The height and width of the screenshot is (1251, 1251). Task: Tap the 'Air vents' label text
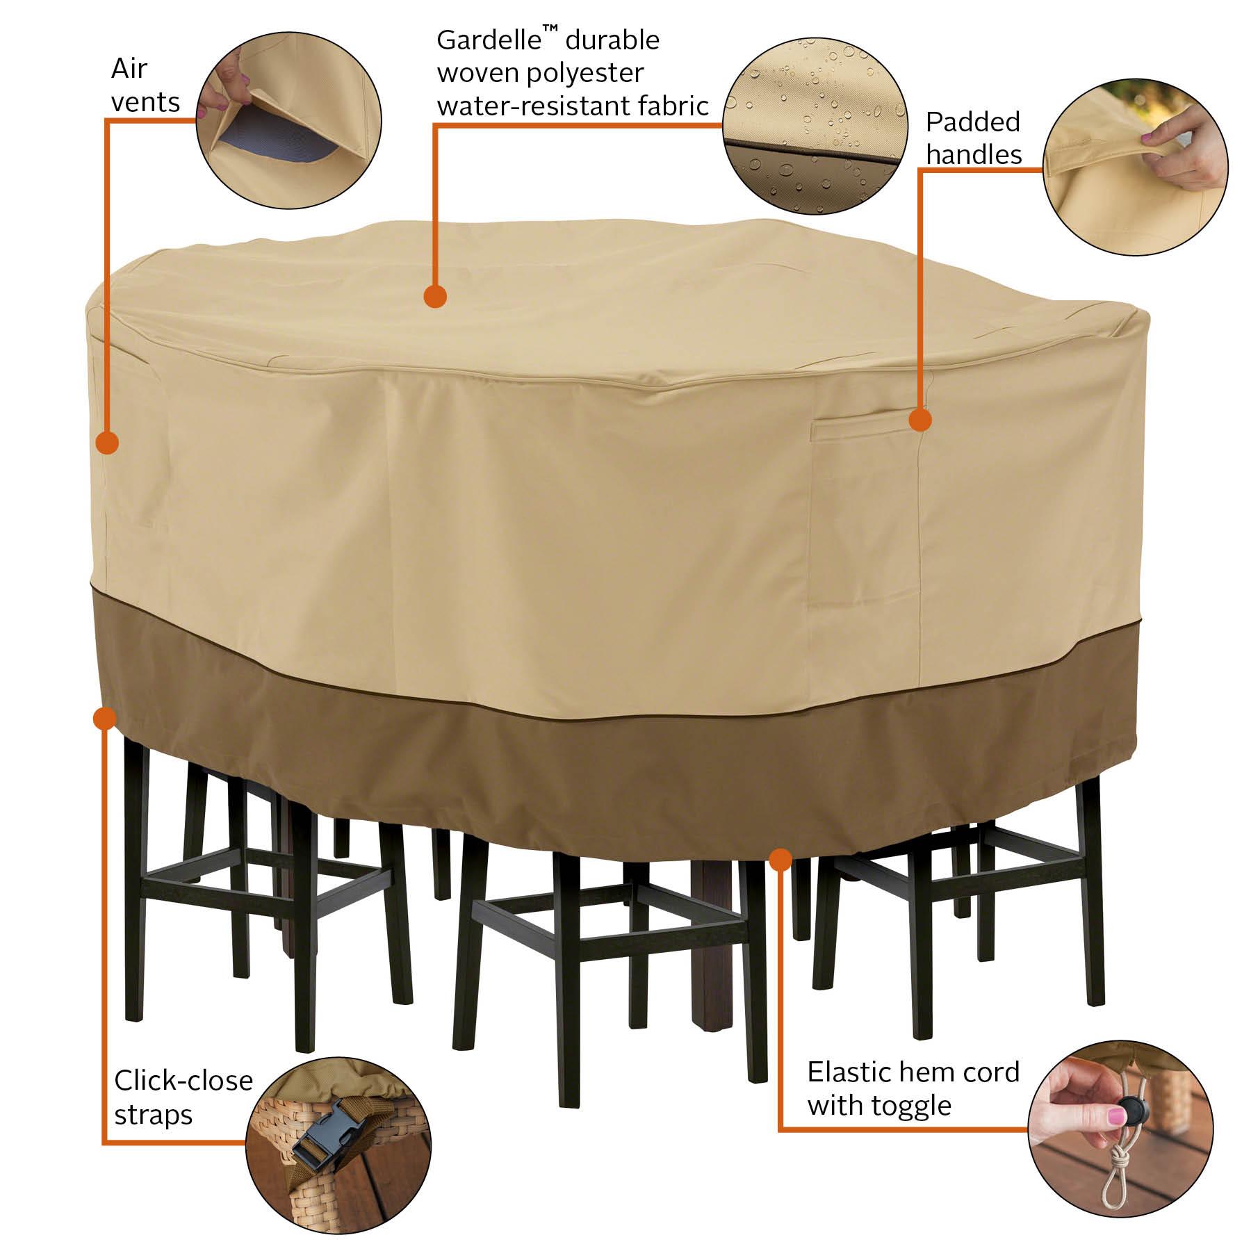click(145, 85)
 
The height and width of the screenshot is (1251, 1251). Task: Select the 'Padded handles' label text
click(974, 138)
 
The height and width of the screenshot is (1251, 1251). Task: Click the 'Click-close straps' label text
click(183, 1097)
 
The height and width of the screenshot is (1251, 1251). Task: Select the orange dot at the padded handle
click(920, 420)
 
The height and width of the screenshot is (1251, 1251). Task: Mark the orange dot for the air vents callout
click(107, 442)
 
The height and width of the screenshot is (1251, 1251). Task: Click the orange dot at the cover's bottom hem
click(781, 859)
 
